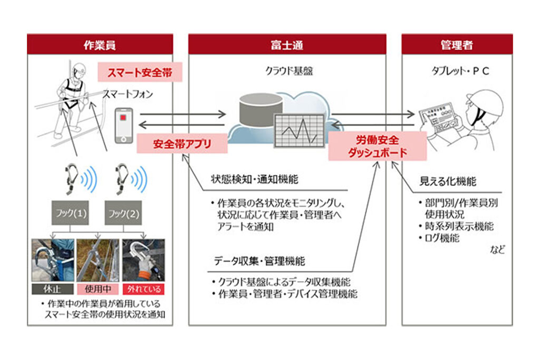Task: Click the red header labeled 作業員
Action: tap(100, 45)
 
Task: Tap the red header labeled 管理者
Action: tap(456, 45)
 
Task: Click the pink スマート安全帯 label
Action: tap(140, 73)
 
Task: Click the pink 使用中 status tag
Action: tap(98, 289)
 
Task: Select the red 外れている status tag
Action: tap(143, 289)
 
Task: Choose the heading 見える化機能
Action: tap(447, 182)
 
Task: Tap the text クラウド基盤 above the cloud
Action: tap(290, 71)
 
